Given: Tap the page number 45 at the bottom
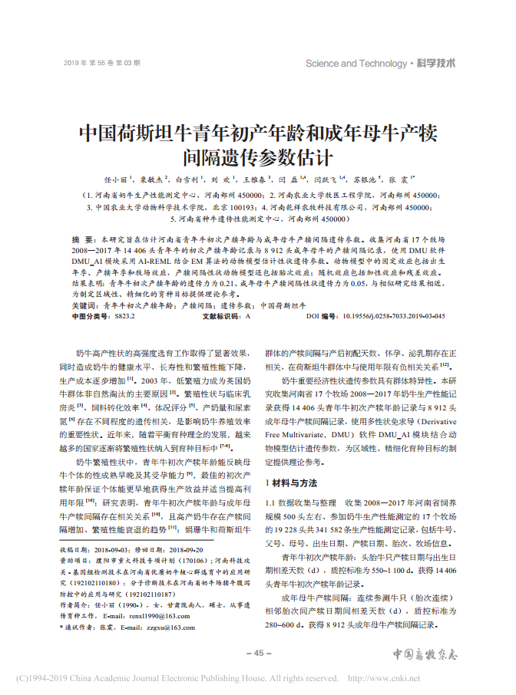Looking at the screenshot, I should point(258,653).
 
